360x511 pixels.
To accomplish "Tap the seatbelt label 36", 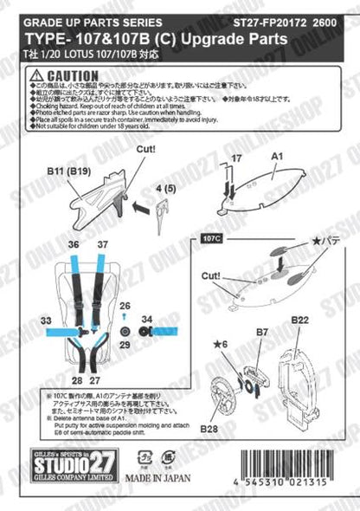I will pyautogui.click(x=74, y=243).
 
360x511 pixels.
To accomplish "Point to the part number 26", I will pyautogui.click(x=125, y=305).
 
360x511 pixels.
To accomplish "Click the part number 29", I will pyautogui.click(x=125, y=344).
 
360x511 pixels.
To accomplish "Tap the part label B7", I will pyautogui.click(x=261, y=330).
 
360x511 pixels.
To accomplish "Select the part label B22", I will pyautogui.click(x=299, y=320).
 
